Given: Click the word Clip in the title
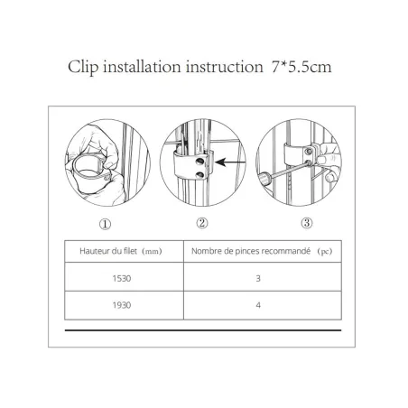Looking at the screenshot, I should pyautogui.click(x=84, y=68).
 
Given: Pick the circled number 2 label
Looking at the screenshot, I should pyautogui.click(x=202, y=222).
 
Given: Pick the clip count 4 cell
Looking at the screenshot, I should pyautogui.click(x=258, y=306).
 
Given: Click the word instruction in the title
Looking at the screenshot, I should pyautogui.click(x=226, y=68).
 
